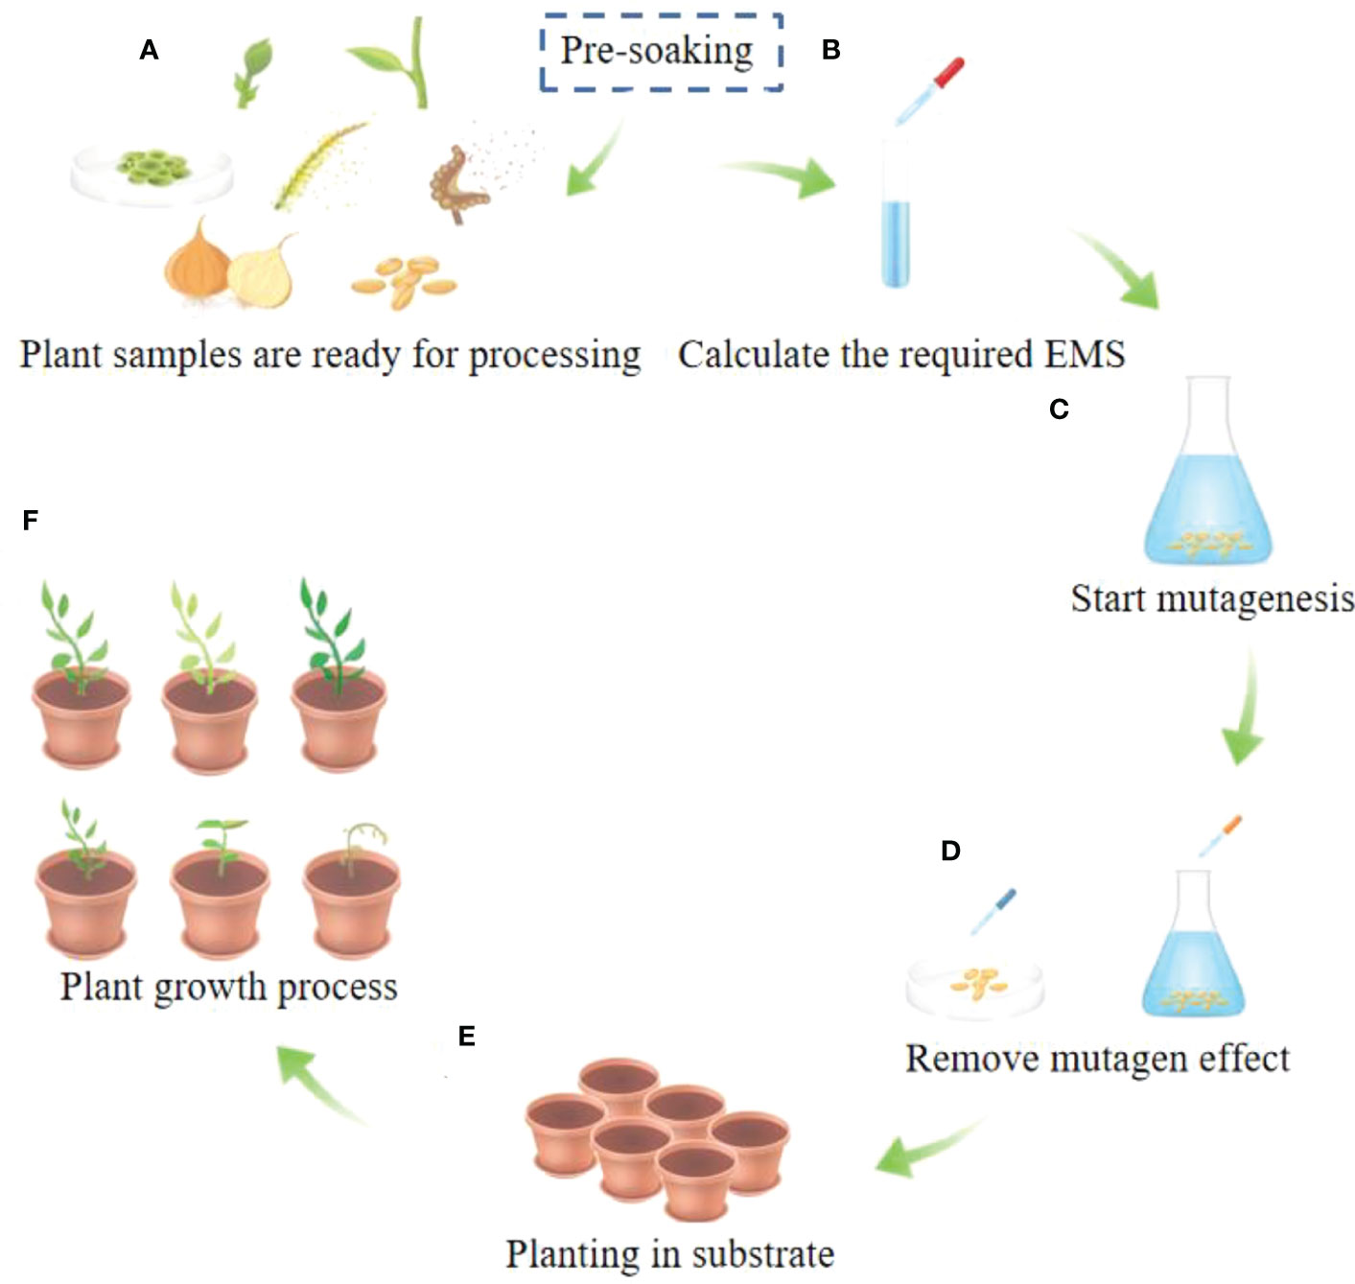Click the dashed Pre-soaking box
[x=660, y=52]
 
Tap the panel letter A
[x=149, y=50]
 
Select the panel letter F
[x=31, y=520]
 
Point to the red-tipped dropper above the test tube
[x=930, y=91]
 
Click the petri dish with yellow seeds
[x=975, y=984]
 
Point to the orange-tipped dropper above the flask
[x=1220, y=835]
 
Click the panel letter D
[x=950, y=851]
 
